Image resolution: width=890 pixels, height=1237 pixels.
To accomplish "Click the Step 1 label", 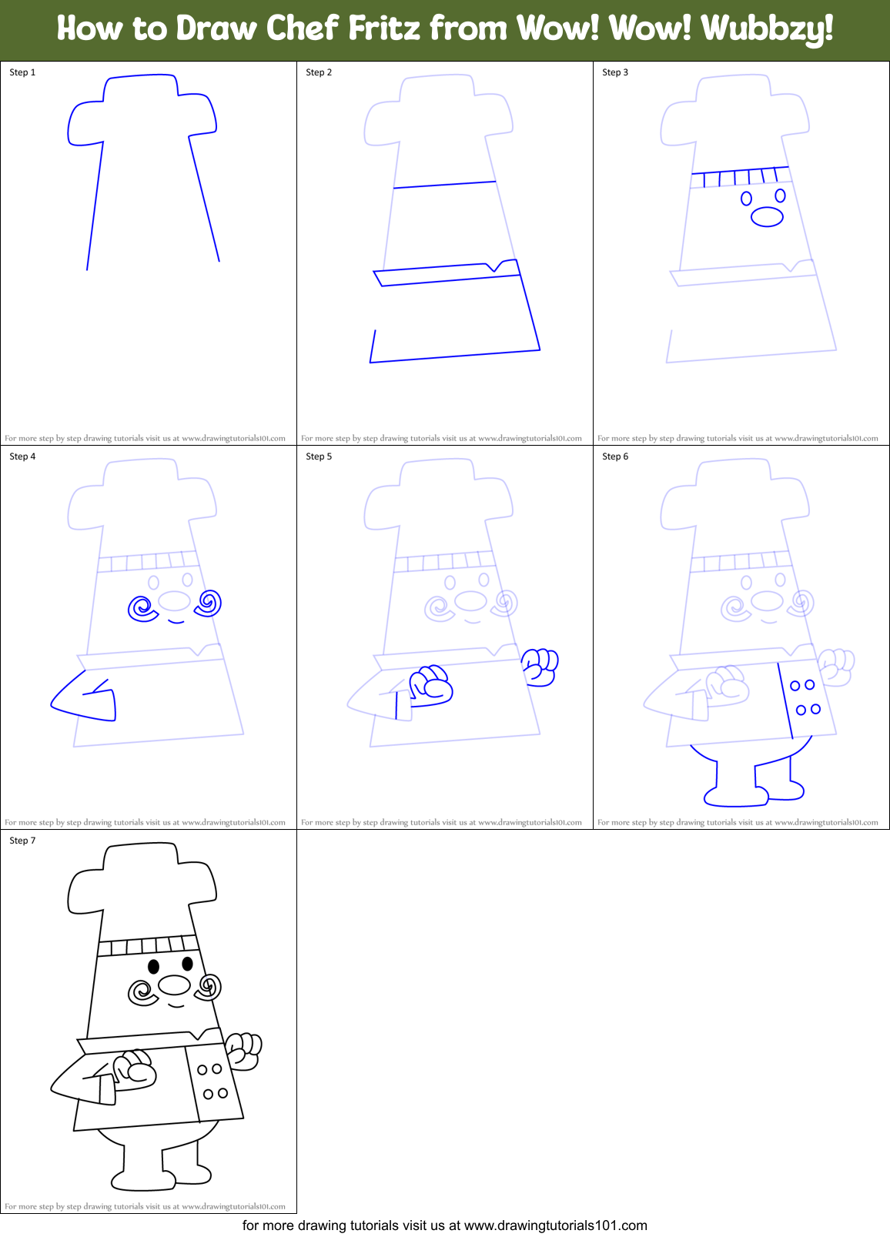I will (x=22, y=72).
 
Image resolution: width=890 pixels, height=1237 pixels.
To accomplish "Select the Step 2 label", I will (x=319, y=72).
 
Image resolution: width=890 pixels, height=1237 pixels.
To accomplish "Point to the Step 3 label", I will (x=615, y=72).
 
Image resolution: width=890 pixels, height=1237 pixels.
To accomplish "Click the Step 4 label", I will (x=22, y=456).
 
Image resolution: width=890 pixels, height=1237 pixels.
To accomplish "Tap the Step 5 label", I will (x=319, y=456).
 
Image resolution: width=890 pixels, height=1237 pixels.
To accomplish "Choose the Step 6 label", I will (x=615, y=456).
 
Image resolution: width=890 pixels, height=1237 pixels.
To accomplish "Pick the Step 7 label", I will (x=22, y=841).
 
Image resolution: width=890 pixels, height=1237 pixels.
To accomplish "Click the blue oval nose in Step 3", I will (x=767, y=217).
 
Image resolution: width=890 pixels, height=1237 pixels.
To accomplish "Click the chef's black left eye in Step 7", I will (x=154, y=966).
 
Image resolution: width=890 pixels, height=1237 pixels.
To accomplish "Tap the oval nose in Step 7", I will (x=175, y=985).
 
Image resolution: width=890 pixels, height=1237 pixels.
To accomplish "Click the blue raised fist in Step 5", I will (x=540, y=665).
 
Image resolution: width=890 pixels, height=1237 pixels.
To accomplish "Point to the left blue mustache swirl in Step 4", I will (x=142, y=609).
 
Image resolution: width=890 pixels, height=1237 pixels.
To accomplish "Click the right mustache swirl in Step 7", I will (x=209, y=986).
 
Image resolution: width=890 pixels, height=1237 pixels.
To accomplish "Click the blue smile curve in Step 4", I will (x=176, y=620).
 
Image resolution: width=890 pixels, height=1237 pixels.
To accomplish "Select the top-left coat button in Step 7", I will (x=202, y=1070).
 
